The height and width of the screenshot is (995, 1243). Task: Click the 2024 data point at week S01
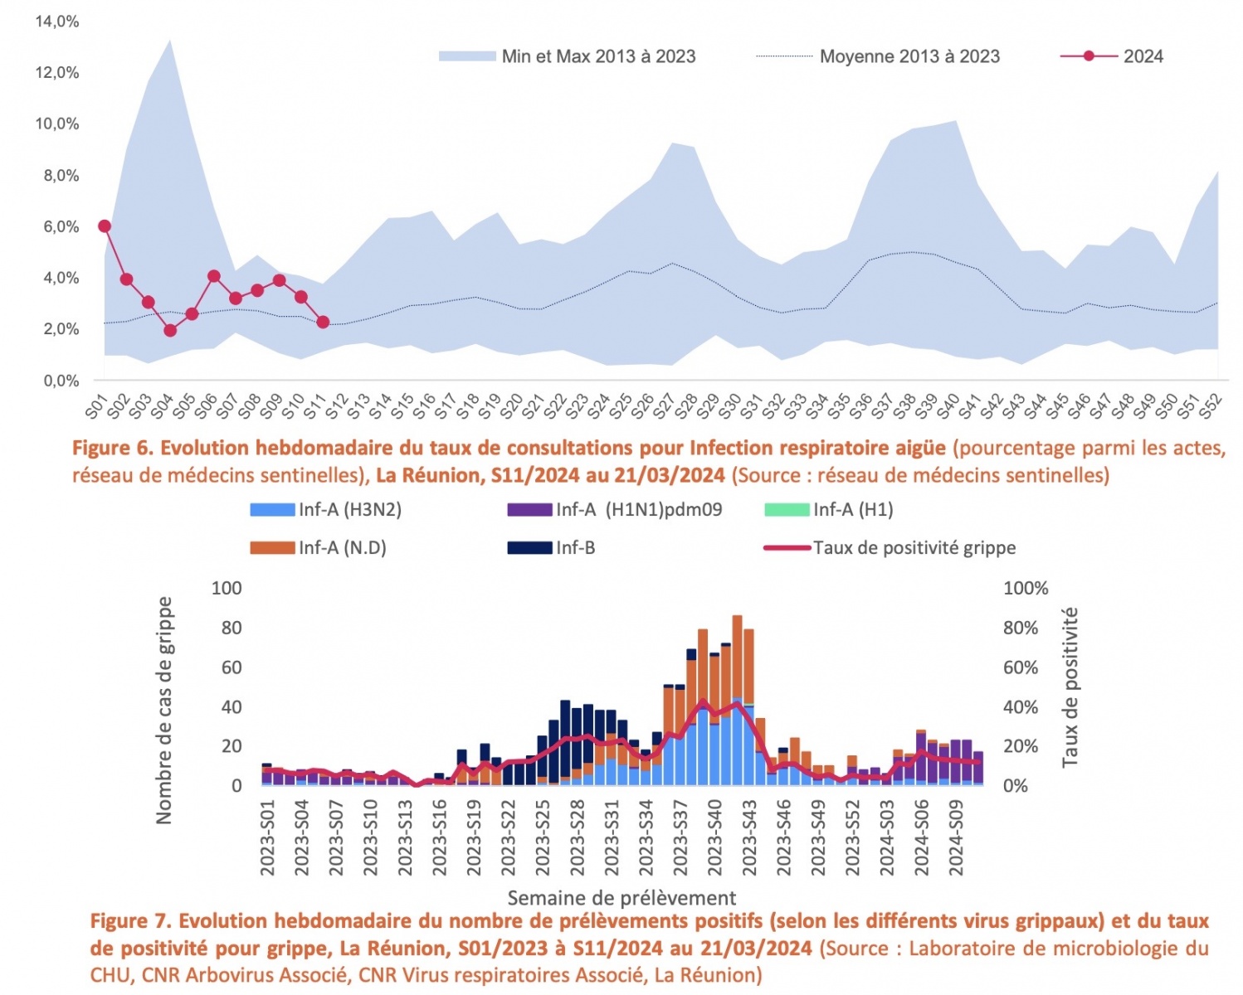click(105, 226)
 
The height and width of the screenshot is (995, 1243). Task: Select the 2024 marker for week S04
click(170, 330)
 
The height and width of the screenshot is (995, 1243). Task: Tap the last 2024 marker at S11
click(323, 322)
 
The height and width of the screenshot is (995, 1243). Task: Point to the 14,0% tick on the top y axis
click(57, 22)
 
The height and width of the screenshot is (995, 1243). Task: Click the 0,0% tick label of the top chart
click(61, 381)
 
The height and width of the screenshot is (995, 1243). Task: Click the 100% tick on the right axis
click(1026, 589)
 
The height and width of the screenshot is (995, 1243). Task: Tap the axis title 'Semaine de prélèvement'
click(621, 898)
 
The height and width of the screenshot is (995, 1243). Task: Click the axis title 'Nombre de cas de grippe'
click(164, 710)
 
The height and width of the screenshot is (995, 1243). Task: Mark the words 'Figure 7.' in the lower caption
click(131, 921)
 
